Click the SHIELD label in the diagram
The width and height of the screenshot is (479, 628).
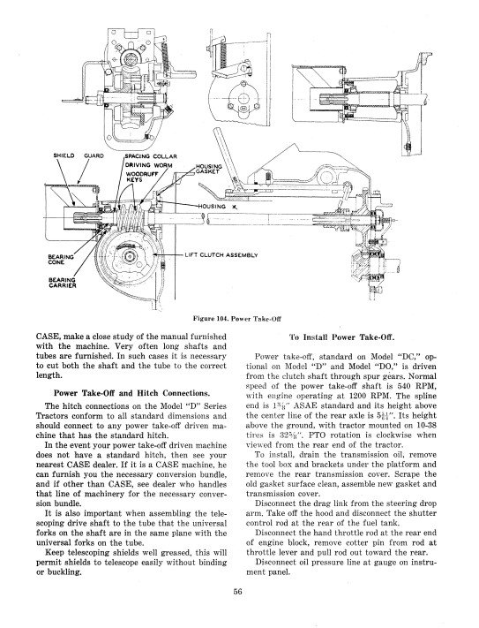tap(64, 155)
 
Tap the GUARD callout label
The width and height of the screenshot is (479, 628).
tap(94, 155)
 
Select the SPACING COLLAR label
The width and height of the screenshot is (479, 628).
tap(151, 156)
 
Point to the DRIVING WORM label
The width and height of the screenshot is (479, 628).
tap(149, 165)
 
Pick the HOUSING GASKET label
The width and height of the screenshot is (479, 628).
tap(208, 169)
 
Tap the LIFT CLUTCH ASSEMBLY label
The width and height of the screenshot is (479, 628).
tap(221, 254)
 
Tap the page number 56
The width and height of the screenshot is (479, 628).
tap(239, 590)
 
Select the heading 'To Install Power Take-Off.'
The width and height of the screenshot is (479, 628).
tap(342, 337)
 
